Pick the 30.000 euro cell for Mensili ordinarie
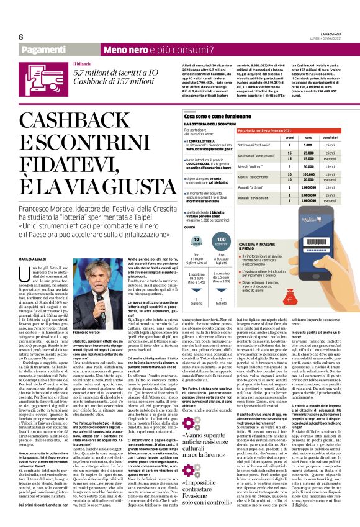[304, 166]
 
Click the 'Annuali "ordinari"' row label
[251, 186]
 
